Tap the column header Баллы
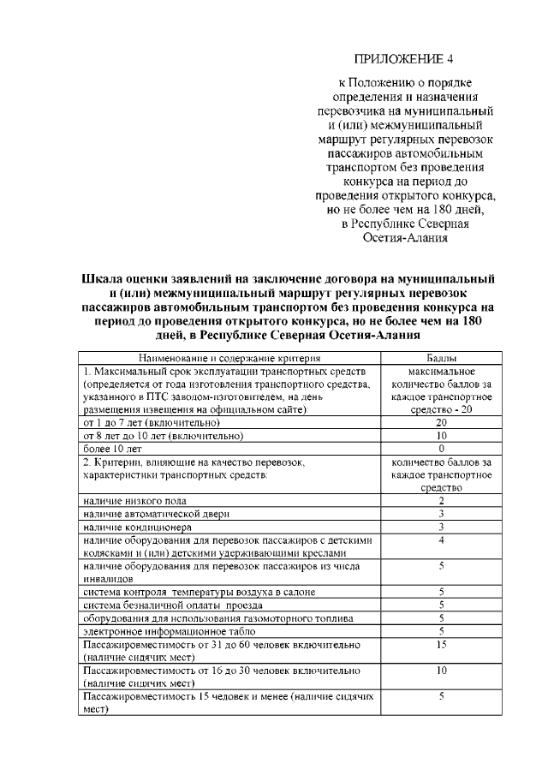coord(441,357)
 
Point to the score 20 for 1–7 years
coord(441,423)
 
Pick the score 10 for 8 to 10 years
coord(441,436)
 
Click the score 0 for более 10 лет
coord(441,449)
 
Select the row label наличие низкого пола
coord(134,500)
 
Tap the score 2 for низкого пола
coord(441,500)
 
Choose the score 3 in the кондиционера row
coord(441,527)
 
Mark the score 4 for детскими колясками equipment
coord(441,540)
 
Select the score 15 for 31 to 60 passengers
coord(441,644)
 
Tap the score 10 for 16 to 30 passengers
coord(441,671)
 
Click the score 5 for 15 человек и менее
coord(441,697)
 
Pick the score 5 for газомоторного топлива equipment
coord(441,618)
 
